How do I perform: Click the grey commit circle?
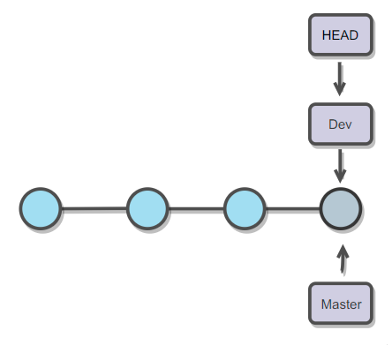coord(340,209)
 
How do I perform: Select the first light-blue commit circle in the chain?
coord(41,209)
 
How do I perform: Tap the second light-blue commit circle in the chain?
coord(147,209)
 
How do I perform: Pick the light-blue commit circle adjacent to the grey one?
coord(245,209)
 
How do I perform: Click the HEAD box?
coord(340,34)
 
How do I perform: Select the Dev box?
coord(340,124)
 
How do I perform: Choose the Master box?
coord(340,304)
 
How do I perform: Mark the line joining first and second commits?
coord(94,209)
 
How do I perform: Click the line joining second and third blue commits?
coord(196,209)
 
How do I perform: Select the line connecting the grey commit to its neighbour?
coord(292,209)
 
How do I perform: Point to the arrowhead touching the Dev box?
coord(340,91)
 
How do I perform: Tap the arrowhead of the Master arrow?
coord(343,250)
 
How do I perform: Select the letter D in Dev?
coord(332,124)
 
